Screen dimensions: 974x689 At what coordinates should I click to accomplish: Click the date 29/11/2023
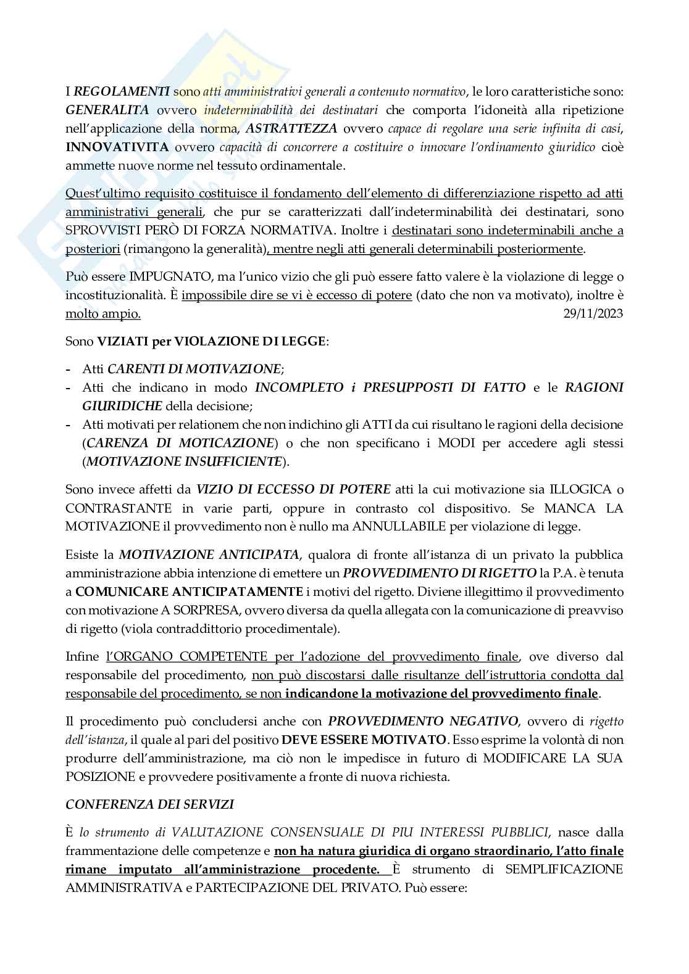coord(593,313)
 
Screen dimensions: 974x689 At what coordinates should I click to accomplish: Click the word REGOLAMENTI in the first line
coord(122,92)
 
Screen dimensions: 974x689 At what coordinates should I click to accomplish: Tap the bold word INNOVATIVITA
coord(117,147)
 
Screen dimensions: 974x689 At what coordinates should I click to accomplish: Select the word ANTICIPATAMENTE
coord(189,591)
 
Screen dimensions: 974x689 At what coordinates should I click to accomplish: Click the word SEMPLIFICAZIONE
coord(564,869)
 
